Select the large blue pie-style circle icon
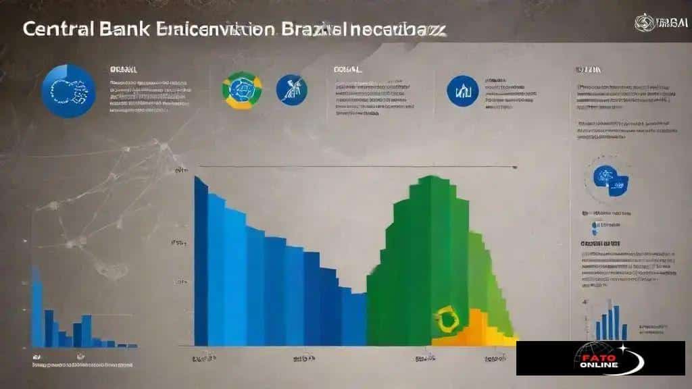click(x=68, y=90)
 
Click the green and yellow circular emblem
click(x=242, y=90)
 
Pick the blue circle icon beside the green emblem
click(x=292, y=90)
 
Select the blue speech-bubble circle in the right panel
click(x=610, y=178)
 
